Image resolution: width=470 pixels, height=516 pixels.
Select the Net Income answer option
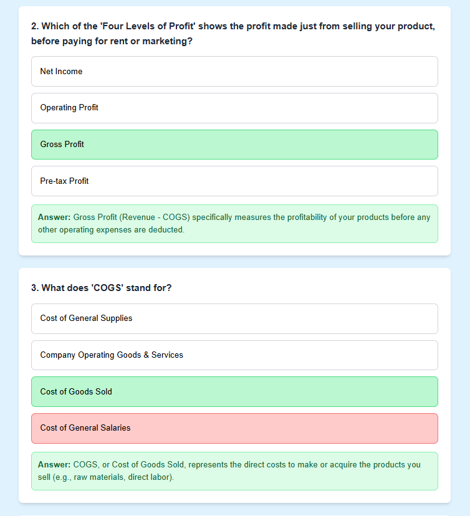[x=234, y=72]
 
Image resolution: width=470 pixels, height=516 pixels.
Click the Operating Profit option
[x=234, y=108]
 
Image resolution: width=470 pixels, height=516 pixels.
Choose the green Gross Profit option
[x=234, y=145]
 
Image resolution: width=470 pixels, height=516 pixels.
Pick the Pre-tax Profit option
[x=234, y=181]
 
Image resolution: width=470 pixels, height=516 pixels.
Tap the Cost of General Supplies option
[x=234, y=318]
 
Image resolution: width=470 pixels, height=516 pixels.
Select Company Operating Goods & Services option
[x=234, y=355]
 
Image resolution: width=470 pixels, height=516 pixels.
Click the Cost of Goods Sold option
[x=234, y=392]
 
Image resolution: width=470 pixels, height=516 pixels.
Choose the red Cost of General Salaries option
[x=234, y=428]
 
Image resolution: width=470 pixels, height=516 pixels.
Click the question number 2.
[x=35, y=27]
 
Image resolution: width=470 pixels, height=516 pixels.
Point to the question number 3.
[x=35, y=288]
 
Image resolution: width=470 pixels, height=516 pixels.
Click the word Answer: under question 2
[x=54, y=217]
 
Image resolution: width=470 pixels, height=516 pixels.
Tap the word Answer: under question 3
[x=54, y=465]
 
